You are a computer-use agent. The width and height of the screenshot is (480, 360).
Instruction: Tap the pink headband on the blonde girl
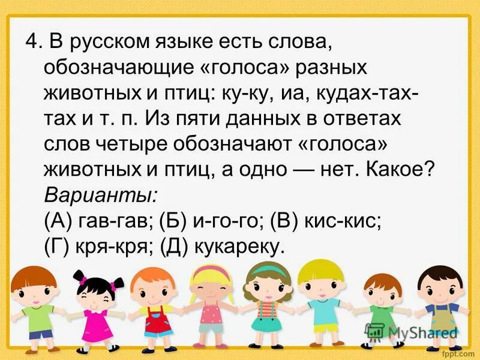211,271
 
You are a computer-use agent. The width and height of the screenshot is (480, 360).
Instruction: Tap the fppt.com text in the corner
456,352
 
